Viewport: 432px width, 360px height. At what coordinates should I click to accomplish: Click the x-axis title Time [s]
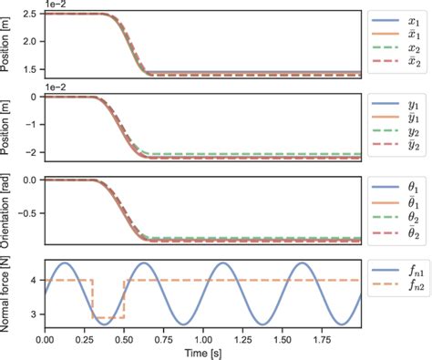tap(202, 351)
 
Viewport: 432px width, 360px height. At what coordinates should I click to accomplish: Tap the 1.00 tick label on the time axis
tap(202, 337)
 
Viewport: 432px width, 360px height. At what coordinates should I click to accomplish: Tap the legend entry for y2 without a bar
tap(400, 129)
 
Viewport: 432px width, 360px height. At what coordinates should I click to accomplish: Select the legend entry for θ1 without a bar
tap(400, 187)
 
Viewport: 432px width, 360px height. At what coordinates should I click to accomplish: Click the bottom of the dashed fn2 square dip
tap(108, 318)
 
